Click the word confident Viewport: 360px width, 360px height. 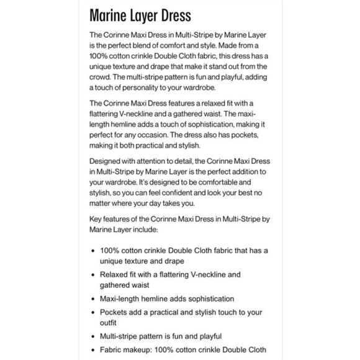pyautogui.click(x=189, y=195)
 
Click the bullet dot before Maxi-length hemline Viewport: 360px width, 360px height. pyautogui.click(x=93, y=299)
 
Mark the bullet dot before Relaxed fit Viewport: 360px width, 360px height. pyautogui.click(x=93, y=274)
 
